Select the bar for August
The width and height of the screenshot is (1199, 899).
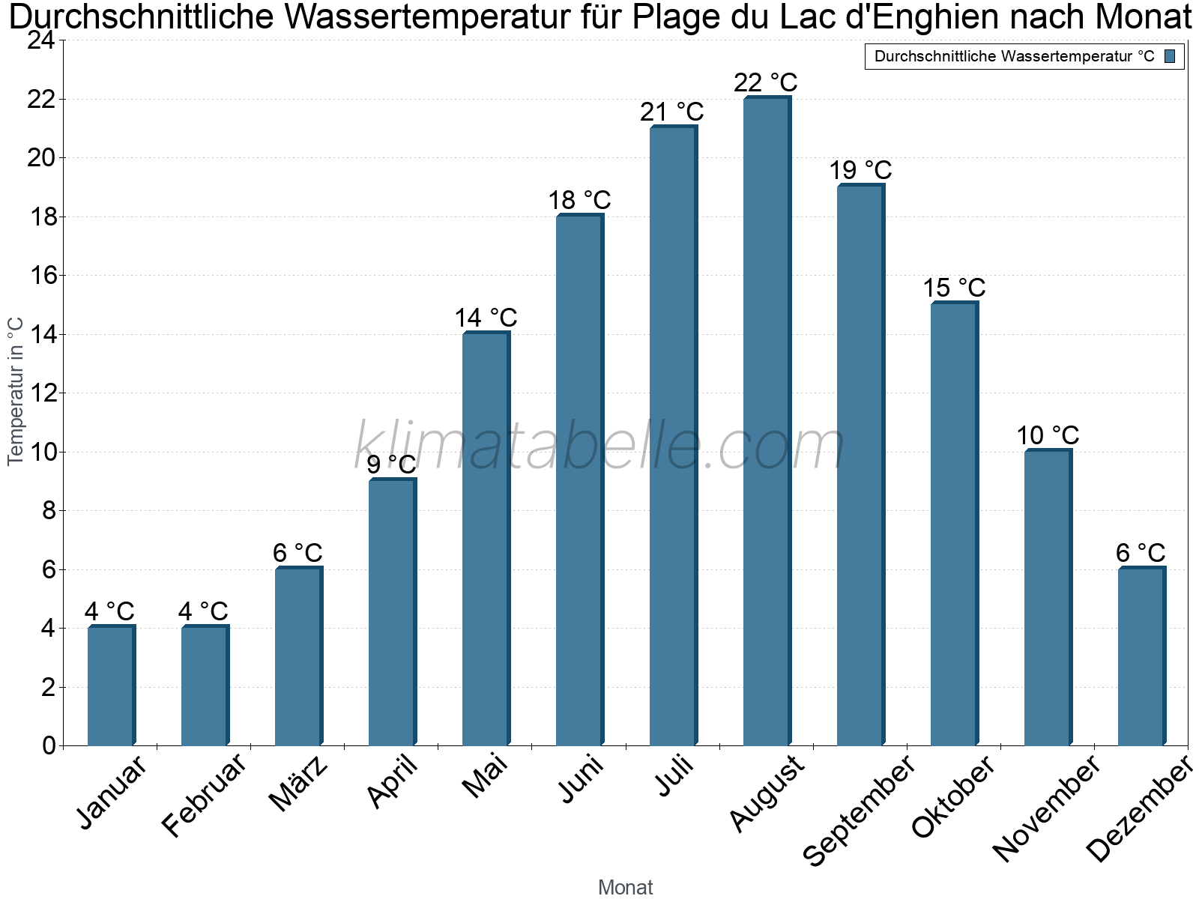767,421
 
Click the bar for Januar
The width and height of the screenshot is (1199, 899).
112,685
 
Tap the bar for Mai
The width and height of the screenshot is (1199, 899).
486,538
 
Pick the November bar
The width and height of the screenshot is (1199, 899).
1048,597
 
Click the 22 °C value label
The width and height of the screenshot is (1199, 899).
766,83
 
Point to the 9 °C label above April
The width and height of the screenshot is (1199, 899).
391,464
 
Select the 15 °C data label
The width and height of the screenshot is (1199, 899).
954,288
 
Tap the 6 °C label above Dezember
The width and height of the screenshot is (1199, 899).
1141,553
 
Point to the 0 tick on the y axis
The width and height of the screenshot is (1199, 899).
49,745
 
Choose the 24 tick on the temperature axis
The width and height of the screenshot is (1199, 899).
42,40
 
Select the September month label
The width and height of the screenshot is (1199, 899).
859,810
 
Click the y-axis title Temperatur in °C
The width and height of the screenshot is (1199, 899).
15,391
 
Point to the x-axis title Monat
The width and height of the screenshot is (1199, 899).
626,887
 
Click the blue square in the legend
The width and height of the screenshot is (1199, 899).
1170,56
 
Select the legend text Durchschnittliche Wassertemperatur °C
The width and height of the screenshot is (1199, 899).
1015,56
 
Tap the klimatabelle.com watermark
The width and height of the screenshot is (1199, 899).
599,445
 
